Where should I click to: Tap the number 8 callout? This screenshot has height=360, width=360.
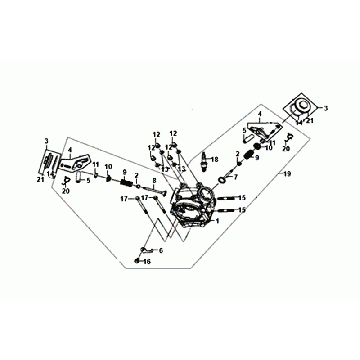154,180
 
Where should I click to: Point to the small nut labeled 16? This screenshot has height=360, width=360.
135,260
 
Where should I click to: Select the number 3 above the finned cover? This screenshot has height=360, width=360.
47,140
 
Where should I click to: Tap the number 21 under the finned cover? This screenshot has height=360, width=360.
38,179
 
